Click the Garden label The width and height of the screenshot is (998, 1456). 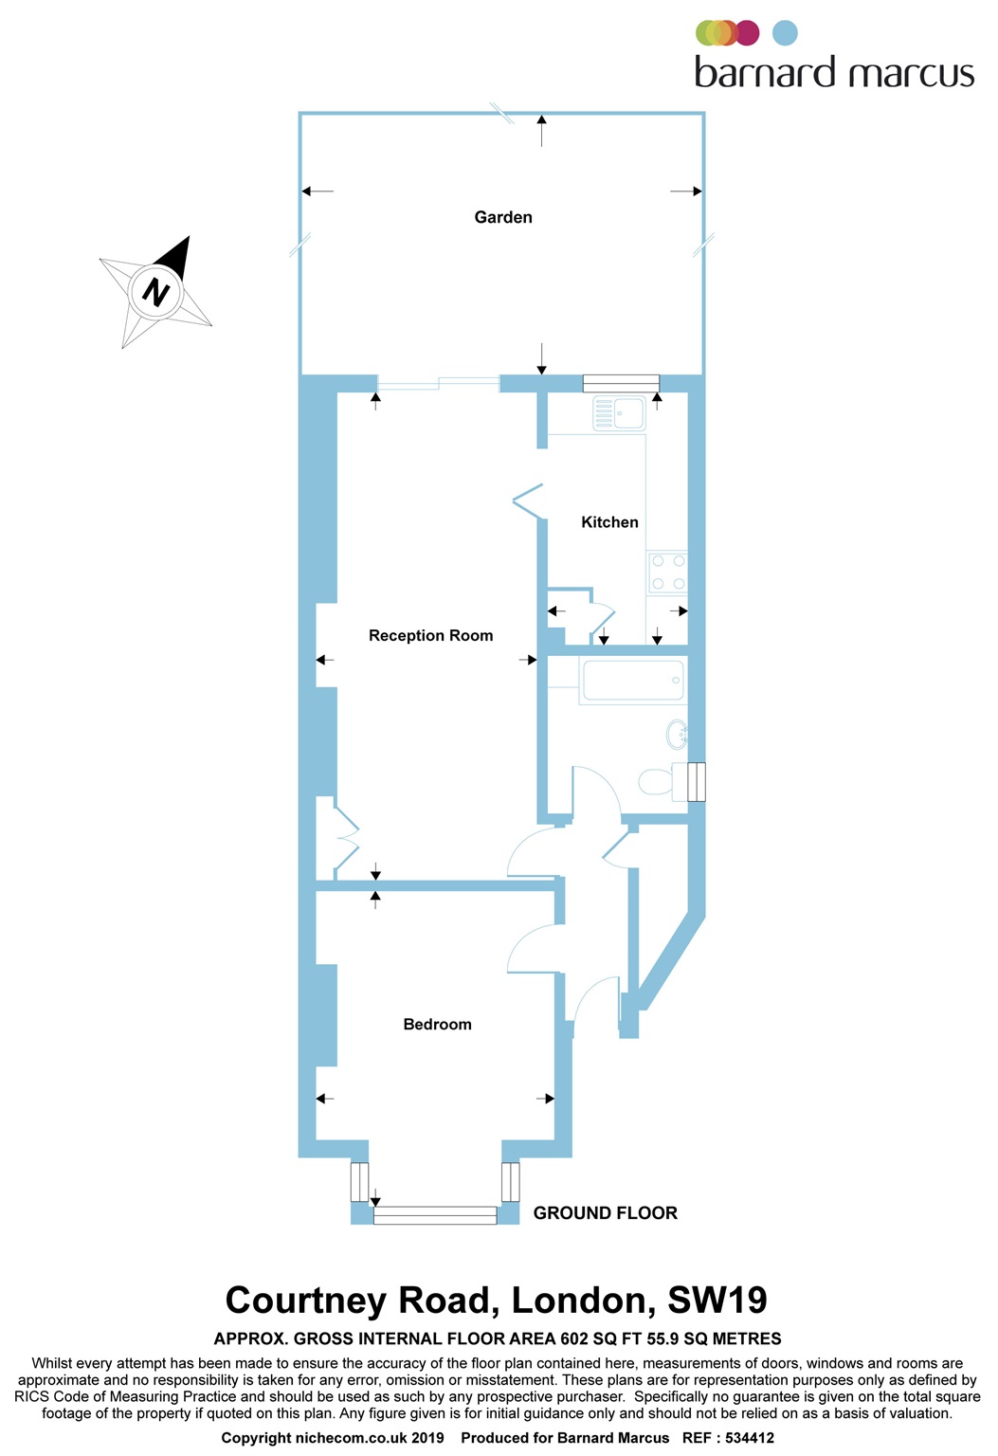(503, 217)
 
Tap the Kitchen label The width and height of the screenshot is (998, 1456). (609, 522)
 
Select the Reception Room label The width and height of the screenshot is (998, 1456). (430, 636)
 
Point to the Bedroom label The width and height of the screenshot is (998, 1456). (437, 1025)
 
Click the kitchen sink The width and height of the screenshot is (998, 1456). (619, 413)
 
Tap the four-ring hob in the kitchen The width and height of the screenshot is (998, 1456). (667, 572)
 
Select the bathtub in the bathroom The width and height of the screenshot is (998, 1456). (632, 681)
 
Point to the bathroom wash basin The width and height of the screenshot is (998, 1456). (677, 735)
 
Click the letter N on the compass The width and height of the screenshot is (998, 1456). (155, 291)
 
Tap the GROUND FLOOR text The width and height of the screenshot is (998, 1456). (605, 1213)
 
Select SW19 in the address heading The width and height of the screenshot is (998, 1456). (717, 1301)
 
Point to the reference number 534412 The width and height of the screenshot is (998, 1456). (749, 1438)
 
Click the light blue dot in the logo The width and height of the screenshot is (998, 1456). (785, 33)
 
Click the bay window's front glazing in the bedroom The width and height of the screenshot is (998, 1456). (435, 1215)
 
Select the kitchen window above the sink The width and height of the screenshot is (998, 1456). (621, 383)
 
